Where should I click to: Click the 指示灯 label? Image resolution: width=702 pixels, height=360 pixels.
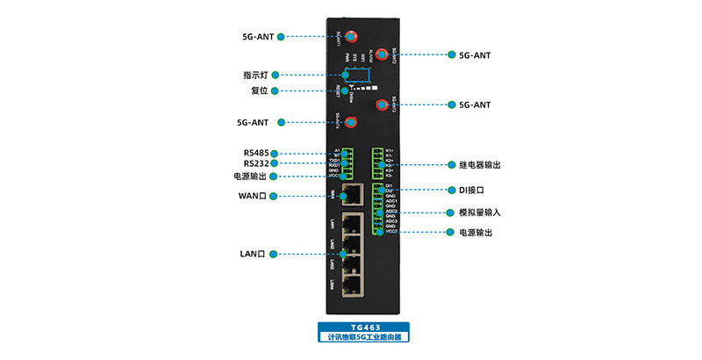(x=255, y=75)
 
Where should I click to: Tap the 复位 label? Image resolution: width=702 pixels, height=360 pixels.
(x=258, y=90)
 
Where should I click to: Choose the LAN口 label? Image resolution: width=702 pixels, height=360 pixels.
(x=253, y=254)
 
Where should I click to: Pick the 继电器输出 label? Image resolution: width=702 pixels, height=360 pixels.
(x=480, y=165)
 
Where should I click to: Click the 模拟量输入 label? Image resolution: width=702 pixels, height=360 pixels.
(x=479, y=212)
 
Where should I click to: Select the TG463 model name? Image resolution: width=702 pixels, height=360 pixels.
(x=364, y=327)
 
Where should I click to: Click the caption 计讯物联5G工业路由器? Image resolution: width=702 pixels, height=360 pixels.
(x=364, y=336)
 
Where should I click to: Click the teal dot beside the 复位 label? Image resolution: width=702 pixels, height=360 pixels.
(x=276, y=90)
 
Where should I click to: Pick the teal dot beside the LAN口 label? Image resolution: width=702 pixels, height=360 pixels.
(x=273, y=254)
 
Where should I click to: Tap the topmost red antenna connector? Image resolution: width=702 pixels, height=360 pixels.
(x=351, y=37)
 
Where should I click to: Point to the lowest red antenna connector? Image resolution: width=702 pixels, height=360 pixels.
(x=351, y=122)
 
